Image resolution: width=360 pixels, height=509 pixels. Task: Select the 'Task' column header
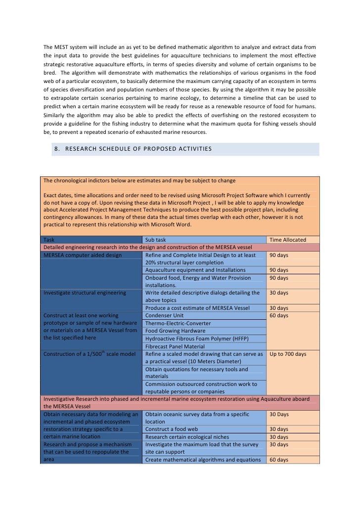(49, 240)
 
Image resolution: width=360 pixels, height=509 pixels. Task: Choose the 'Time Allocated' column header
(287, 240)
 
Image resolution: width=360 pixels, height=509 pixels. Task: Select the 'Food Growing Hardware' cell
(175, 331)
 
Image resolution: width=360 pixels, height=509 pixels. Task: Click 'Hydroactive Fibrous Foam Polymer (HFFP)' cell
(197, 339)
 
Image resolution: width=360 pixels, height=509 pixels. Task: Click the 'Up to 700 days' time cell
(288, 354)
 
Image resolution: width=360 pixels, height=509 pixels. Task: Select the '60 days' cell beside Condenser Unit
(279, 315)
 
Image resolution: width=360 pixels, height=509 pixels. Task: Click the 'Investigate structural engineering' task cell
(85, 293)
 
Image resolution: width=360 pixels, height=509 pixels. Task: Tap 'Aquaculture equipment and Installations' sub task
(195, 270)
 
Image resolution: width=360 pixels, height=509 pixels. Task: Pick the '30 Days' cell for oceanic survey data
(279, 414)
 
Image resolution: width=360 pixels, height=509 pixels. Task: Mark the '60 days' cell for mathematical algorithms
(279, 460)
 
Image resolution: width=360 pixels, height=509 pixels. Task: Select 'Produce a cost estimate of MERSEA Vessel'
(197, 308)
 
